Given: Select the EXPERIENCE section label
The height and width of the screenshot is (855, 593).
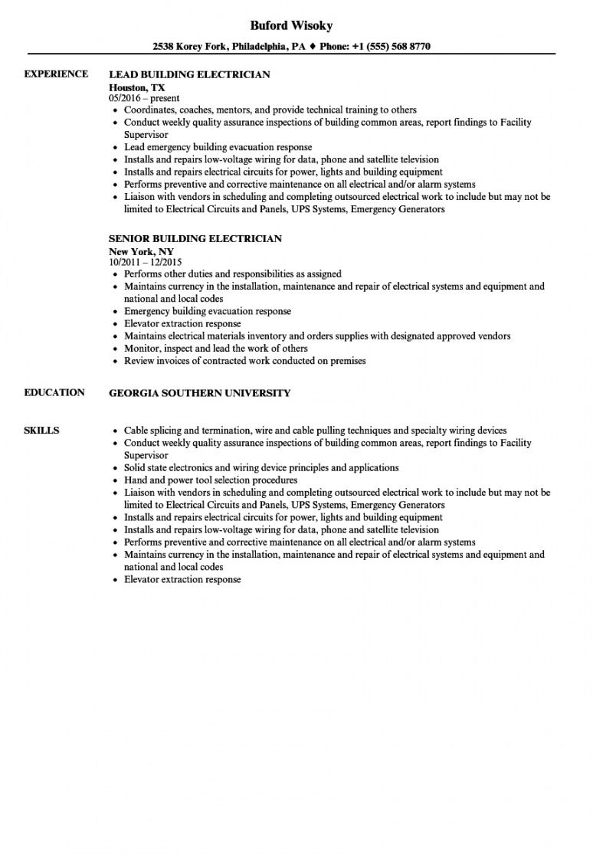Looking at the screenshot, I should coord(56,74).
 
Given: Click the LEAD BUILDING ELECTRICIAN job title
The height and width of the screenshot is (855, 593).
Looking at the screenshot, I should coord(190,75).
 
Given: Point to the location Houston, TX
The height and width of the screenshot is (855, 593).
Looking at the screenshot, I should coord(137,87).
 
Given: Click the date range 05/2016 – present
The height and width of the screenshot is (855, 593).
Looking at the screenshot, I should coord(145,98).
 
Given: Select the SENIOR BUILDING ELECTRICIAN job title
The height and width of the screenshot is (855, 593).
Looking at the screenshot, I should coord(195,239).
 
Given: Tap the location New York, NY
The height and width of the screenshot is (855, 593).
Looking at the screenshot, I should coord(141,251).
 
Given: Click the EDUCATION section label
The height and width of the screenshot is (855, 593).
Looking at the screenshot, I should coord(54,393).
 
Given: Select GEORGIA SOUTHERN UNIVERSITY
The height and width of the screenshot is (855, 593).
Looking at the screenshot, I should coord(200,393).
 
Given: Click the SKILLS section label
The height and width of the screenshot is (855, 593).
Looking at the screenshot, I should coord(41,431).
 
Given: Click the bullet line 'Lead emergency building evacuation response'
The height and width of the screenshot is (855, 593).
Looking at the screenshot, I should coord(218,147).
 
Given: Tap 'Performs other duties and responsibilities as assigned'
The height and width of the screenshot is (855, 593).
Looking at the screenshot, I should coord(233,274).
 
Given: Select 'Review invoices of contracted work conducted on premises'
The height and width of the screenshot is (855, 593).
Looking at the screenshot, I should coord(245,361).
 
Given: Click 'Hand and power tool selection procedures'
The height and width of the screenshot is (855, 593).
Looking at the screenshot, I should coord(211,480).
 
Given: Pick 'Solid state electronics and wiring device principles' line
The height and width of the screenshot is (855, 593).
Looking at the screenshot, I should coord(261,467).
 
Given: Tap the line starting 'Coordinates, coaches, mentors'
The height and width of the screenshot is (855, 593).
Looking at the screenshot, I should coord(270,110).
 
